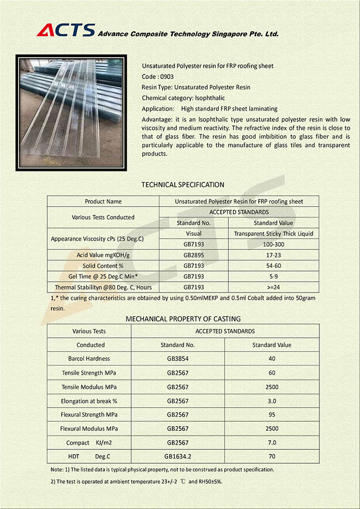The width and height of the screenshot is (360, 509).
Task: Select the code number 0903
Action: tap(167, 77)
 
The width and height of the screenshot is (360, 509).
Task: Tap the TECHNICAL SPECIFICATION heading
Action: tap(183, 185)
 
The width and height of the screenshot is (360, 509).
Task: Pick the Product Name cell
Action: tap(103, 202)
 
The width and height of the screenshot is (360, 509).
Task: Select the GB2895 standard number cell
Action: tap(194, 255)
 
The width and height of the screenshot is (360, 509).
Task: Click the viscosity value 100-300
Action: tap(273, 244)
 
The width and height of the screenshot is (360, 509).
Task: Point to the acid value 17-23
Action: tap(273, 255)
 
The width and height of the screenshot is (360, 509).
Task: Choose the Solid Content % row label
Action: tap(103, 266)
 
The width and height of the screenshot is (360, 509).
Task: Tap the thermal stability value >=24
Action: tap(273, 287)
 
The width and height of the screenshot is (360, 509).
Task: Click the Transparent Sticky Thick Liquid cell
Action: tap(273, 233)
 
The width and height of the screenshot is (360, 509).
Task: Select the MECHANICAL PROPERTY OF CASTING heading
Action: tap(183, 319)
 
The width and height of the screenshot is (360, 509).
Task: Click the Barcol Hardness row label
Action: tap(89, 358)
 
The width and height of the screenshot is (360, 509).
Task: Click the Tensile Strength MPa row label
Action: tap(89, 373)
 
